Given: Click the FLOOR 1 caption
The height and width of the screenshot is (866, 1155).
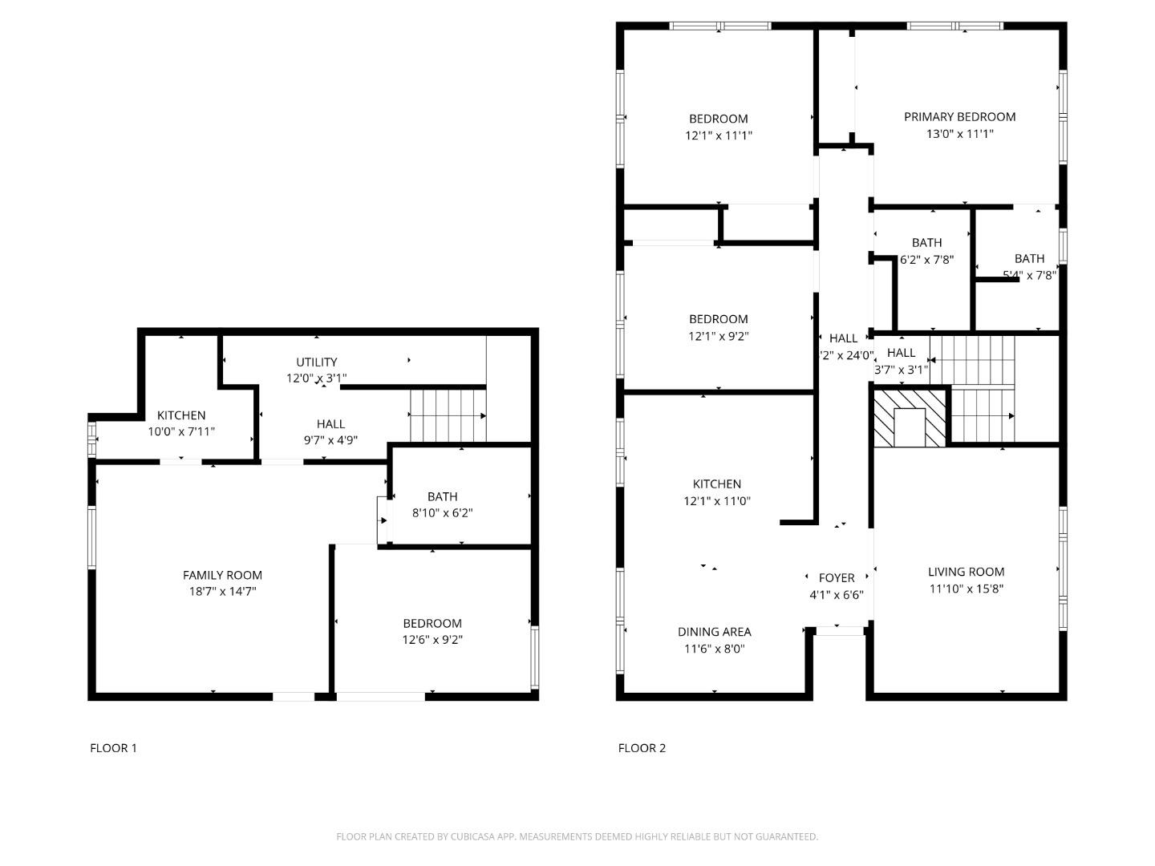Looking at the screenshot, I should (113, 748).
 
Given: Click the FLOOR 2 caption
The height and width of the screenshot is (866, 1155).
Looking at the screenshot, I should (642, 748).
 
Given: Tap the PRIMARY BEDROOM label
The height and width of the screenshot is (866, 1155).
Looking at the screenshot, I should (959, 117).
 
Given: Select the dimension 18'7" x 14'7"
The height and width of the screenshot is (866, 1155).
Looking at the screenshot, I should (222, 592).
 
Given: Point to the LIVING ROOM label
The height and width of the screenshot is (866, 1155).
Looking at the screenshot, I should (966, 572).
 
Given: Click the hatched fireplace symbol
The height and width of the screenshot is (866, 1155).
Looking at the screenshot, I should (910, 417).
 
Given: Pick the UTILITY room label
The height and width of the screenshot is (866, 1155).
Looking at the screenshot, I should (316, 362).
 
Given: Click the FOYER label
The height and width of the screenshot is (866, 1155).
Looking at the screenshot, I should (836, 578).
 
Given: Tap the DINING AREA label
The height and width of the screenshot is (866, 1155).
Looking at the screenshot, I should (714, 632).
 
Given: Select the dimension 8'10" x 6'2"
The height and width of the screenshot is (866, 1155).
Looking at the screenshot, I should (442, 513).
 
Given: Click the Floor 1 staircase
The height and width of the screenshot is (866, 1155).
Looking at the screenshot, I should (448, 415).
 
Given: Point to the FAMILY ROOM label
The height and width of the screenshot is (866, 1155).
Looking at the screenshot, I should (222, 575).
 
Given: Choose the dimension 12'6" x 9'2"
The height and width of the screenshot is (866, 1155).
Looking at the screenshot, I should (432, 640).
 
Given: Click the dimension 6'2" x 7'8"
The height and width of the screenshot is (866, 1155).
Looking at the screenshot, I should (926, 259).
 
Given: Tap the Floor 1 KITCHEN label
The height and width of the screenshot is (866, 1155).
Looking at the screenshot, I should (181, 415).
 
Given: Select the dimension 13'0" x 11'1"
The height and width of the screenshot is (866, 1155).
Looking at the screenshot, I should (959, 134).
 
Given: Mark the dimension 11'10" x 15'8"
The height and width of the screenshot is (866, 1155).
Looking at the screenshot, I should (966, 589).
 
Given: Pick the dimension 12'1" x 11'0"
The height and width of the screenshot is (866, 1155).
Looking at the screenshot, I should (716, 501).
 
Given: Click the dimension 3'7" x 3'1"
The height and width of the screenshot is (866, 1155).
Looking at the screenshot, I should (901, 370).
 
